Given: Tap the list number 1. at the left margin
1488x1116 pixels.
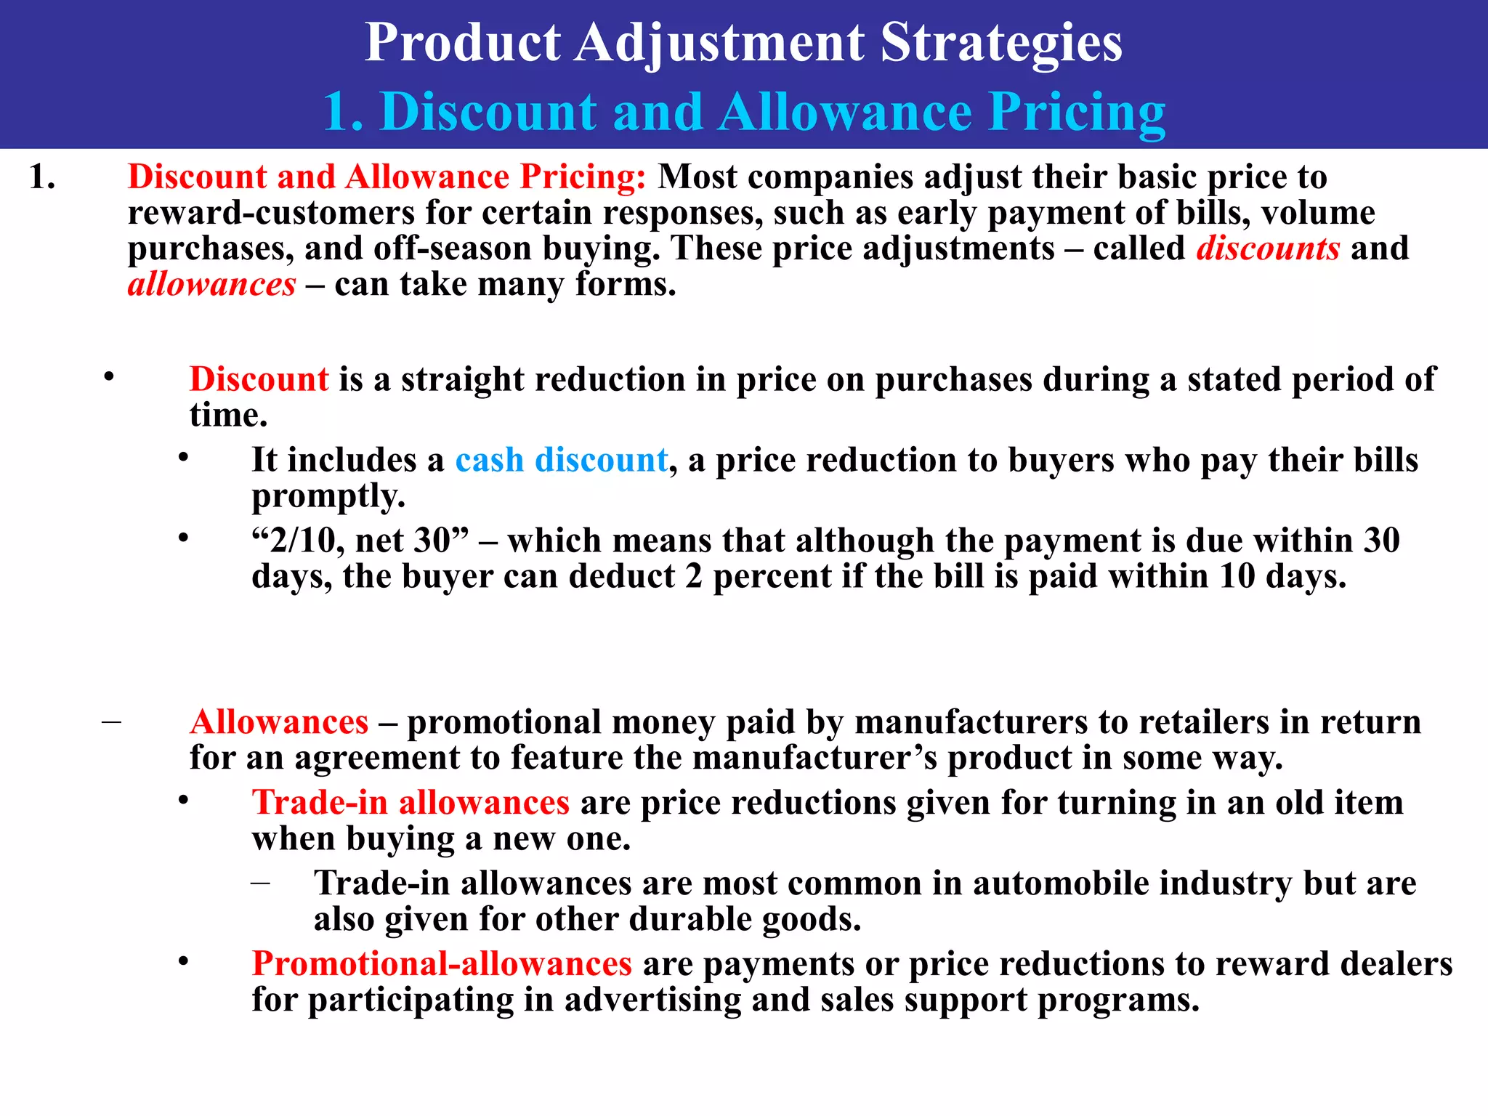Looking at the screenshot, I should [x=42, y=177].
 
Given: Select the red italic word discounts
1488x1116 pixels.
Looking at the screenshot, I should [x=1268, y=248].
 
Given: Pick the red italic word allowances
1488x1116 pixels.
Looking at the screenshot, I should [x=211, y=284].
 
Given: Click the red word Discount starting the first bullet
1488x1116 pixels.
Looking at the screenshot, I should [x=259, y=379].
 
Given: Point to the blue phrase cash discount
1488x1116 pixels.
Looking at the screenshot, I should [x=561, y=460].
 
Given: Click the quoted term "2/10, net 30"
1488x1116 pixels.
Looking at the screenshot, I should [x=360, y=541].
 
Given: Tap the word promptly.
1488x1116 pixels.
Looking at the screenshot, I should [x=328, y=497].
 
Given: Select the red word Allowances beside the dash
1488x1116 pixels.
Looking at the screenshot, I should [x=279, y=722].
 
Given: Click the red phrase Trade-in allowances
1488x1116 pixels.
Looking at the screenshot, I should [x=411, y=803].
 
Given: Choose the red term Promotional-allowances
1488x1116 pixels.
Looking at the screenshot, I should [x=442, y=964].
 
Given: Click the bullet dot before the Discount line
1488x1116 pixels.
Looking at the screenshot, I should [x=109, y=376].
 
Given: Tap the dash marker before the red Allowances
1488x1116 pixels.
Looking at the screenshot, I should [x=111, y=722].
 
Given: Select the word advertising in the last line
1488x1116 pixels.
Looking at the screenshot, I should [x=652, y=1000].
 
